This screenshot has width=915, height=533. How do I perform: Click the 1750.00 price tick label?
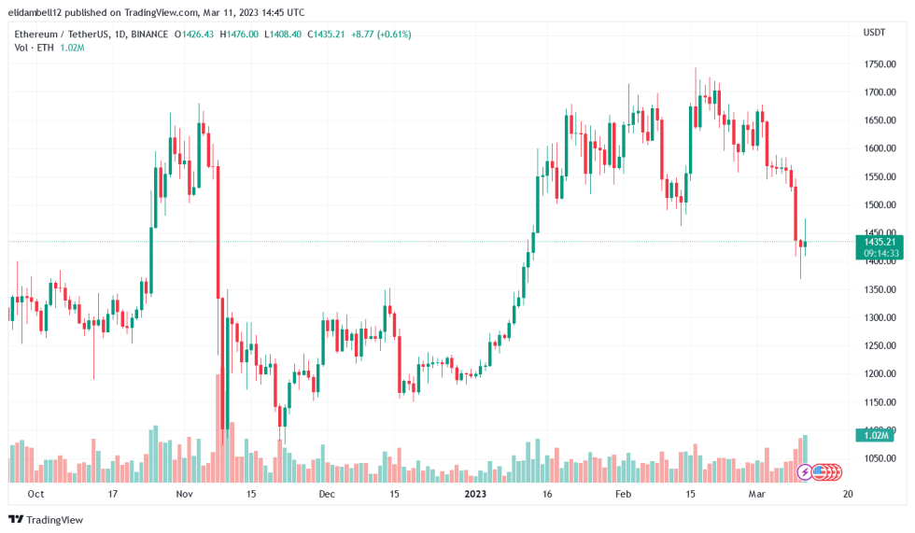pyautogui.click(x=880, y=64)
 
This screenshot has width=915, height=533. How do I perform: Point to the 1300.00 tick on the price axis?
pyautogui.click(x=880, y=317)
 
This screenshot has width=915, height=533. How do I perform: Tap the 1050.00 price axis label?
pyautogui.click(x=880, y=458)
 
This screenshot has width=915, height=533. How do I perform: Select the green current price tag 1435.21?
pyautogui.click(x=880, y=242)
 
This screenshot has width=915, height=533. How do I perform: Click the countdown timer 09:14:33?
pyautogui.click(x=880, y=253)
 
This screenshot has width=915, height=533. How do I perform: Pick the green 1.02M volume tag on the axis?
pyautogui.click(x=876, y=435)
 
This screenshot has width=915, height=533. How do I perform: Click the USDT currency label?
pyautogui.click(x=874, y=32)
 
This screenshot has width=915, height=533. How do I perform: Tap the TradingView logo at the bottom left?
pyautogui.click(x=47, y=519)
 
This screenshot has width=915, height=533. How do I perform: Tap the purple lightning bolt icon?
pyautogui.click(x=806, y=472)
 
